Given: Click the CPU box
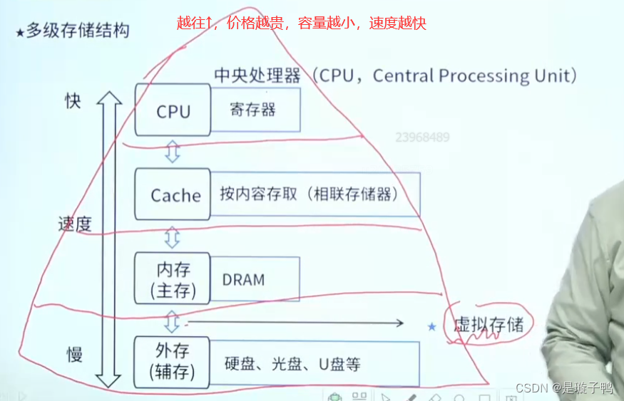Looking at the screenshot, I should pyautogui.click(x=173, y=111).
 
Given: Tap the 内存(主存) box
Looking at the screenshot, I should pyautogui.click(x=173, y=280).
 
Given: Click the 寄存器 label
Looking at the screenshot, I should pyautogui.click(x=252, y=110).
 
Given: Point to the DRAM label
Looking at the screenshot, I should pyautogui.click(x=243, y=280).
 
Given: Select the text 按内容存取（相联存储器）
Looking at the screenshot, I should pyautogui.click(x=308, y=194).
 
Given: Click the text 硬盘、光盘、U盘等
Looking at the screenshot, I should pyautogui.click(x=292, y=364).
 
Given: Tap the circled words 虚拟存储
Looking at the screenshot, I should pyautogui.click(x=489, y=325).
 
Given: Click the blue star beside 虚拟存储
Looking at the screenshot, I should pyautogui.click(x=431, y=327).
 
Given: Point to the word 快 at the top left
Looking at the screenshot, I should pyautogui.click(x=73, y=101).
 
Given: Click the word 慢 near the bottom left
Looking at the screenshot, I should pyautogui.click(x=75, y=354).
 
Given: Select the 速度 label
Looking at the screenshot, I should pyautogui.click(x=74, y=225).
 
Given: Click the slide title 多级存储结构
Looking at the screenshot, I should pyautogui.click(x=77, y=32).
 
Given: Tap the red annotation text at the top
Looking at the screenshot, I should pyautogui.click(x=301, y=23).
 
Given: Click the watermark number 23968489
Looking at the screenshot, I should pyautogui.click(x=422, y=137).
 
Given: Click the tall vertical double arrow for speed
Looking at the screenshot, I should pyautogui.click(x=109, y=239).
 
